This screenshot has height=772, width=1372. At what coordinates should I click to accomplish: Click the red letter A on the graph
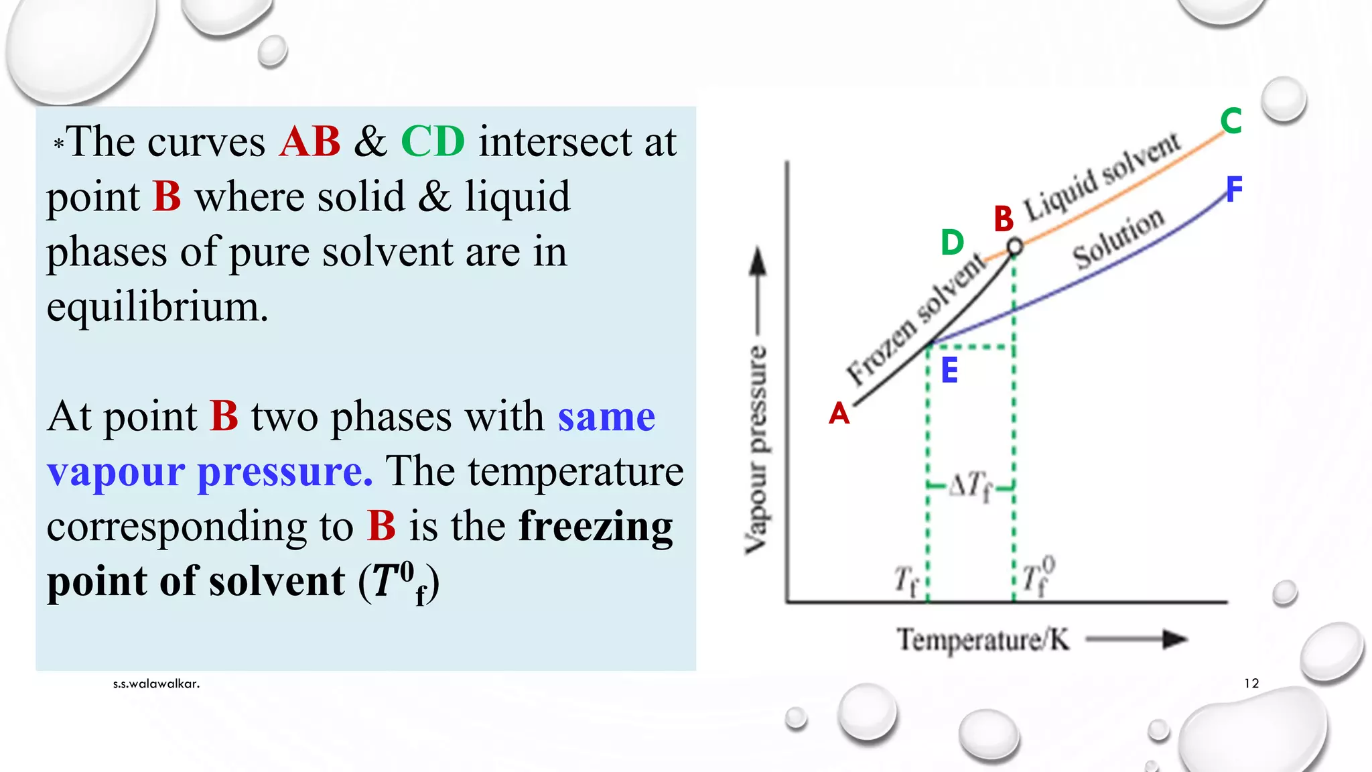click(x=839, y=413)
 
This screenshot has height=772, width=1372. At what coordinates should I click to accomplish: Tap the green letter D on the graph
click(x=952, y=242)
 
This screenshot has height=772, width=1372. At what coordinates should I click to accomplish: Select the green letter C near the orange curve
click(x=1231, y=121)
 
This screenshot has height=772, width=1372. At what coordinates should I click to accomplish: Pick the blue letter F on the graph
click(x=1234, y=189)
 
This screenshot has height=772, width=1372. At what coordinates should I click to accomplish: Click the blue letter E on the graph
click(x=949, y=370)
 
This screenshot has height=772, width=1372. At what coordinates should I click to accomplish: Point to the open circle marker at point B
click(x=1015, y=247)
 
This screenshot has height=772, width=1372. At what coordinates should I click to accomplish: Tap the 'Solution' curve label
click(x=1118, y=238)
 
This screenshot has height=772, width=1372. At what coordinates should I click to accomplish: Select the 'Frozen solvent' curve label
click(x=916, y=318)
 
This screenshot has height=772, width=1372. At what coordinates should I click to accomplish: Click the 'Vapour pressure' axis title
click(x=756, y=449)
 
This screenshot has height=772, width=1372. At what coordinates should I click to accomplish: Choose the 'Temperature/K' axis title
click(x=983, y=639)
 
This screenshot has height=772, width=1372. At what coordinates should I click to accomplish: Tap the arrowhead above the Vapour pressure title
click(x=758, y=261)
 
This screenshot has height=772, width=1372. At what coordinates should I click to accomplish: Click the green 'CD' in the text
click(x=433, y=141)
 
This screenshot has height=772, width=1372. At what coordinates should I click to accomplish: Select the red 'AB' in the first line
click(x=310, y=141)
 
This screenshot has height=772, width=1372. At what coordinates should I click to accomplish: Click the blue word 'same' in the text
click(x=606, y=416)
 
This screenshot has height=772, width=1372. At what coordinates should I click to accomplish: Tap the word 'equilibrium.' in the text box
click(x=157, y=307)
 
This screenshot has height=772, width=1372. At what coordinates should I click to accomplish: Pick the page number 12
click(x=1251, y=683)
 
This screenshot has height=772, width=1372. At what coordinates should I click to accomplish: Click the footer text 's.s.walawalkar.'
click(x=156, y=684)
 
